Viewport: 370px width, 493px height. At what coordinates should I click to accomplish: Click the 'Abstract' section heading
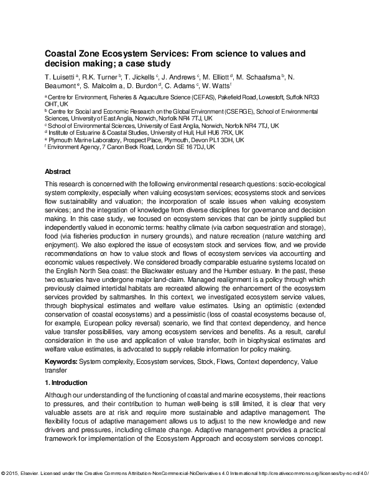[58, 171]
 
